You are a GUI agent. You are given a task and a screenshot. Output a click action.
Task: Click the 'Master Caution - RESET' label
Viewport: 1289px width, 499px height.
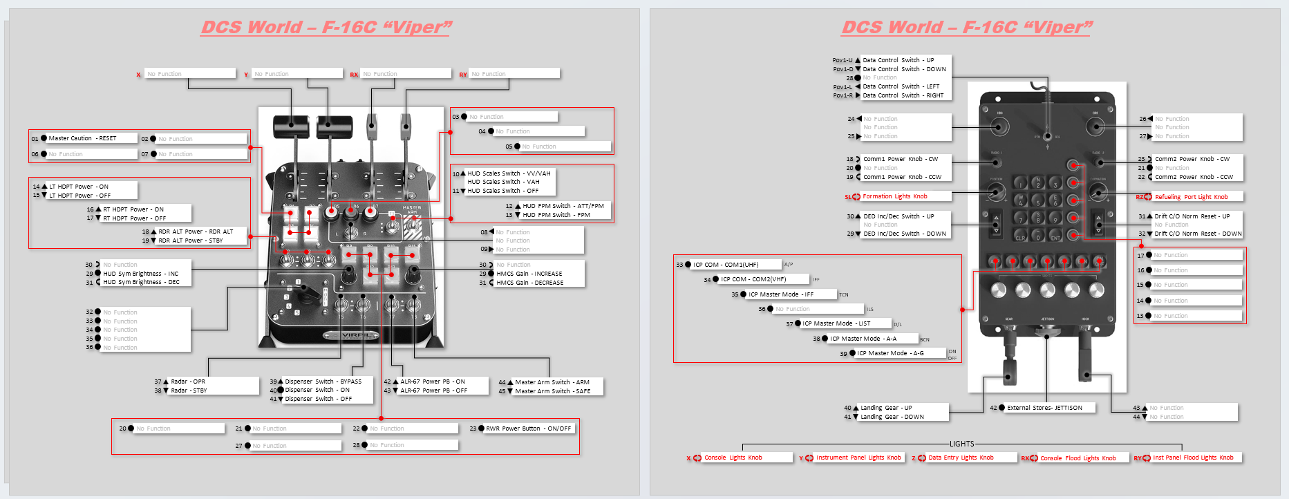[x=82, y=138]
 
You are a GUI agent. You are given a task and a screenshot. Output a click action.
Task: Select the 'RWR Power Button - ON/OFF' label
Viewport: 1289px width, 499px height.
[x=528, y=429]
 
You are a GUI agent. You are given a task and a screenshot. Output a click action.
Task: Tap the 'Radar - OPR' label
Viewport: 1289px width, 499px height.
[x=188, y=382]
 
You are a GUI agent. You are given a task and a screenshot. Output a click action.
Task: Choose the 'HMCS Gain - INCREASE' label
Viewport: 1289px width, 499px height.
[x=529, y=274]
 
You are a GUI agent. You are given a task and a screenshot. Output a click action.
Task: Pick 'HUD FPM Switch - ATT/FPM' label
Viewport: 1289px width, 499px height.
[x=563, y=206]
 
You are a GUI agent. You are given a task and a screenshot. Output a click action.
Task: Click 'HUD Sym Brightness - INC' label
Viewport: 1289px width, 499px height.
[x=140, y=274]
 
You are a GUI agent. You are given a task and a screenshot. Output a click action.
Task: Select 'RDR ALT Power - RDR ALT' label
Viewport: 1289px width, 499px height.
[x=196, y=232]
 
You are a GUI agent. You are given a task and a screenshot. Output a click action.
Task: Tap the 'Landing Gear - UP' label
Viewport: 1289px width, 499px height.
[x=886, y=408]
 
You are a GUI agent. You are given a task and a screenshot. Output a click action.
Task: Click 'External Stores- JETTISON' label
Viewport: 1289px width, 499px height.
[x=1044, y=408]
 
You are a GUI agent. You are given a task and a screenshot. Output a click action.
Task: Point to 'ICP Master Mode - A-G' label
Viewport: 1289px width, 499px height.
[x=890, y=353]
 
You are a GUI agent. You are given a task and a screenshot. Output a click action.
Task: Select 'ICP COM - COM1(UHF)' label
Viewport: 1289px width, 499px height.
[x=726, y=265]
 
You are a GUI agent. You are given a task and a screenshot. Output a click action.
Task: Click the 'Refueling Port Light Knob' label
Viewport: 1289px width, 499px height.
[x=1191, y=197]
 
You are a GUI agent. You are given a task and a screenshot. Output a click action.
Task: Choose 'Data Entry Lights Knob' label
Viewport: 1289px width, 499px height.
[x=961, y=458]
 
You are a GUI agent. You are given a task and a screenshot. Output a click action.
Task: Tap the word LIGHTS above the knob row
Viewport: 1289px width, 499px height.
[x=961, y=444]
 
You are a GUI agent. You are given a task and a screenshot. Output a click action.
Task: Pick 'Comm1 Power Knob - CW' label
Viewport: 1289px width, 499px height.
[x=900, y=159]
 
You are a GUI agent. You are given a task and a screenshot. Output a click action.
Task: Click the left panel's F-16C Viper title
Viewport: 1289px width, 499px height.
[x=326, y=27]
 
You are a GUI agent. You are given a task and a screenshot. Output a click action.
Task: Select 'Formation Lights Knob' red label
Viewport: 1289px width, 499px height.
[x=894, y=196]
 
